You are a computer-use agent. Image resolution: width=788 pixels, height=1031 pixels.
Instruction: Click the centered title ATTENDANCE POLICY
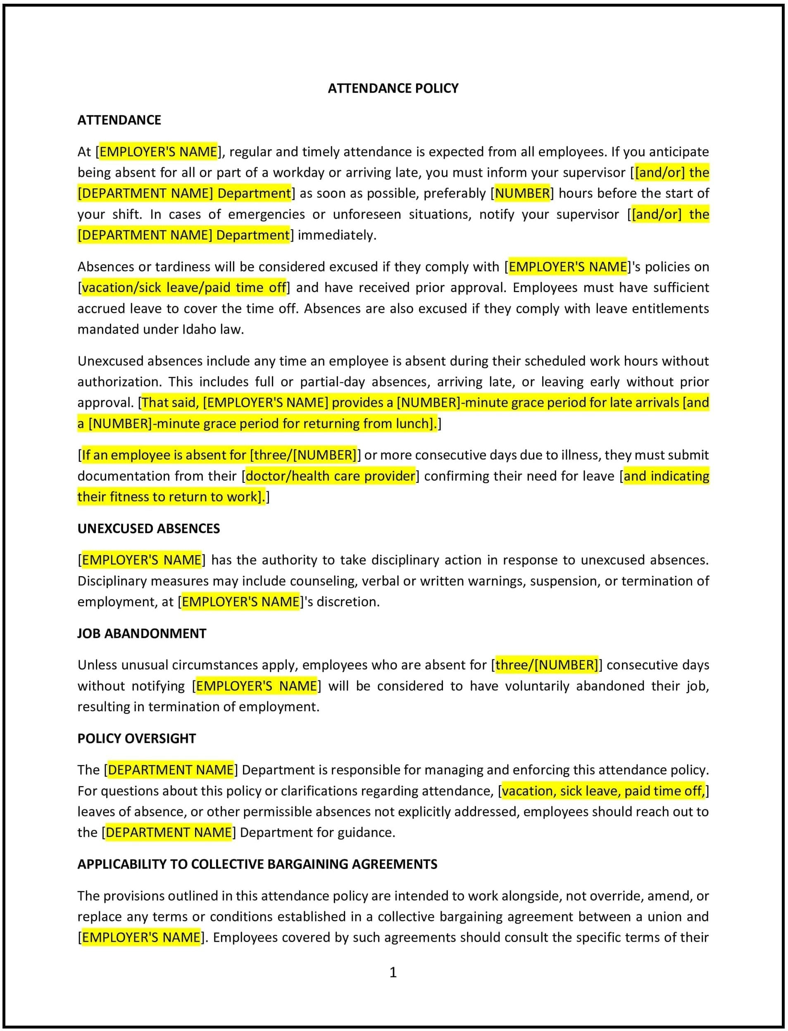point(393,88)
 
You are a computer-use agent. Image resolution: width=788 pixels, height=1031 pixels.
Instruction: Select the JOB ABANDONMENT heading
point(142,633)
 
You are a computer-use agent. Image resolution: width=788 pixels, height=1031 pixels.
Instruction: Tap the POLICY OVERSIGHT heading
point(136,739)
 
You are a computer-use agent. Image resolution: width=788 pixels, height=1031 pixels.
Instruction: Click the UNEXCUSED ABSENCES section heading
point(148,528)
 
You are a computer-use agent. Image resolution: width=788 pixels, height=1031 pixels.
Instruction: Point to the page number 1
point(393,972)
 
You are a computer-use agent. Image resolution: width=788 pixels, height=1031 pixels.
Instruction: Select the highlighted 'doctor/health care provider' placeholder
point(330,476)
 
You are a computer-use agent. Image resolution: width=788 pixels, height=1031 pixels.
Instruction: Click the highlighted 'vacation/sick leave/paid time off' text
point(184,287)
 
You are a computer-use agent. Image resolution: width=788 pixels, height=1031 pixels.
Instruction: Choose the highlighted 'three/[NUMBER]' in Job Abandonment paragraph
point(546,665)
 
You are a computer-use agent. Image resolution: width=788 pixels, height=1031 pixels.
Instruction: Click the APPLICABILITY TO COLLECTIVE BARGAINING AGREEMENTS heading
point(257,864)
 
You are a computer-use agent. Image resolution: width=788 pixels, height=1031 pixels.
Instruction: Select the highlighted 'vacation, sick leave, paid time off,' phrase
point(603,791)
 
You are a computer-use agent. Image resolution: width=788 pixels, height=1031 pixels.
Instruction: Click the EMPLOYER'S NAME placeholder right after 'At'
point(159,152)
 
